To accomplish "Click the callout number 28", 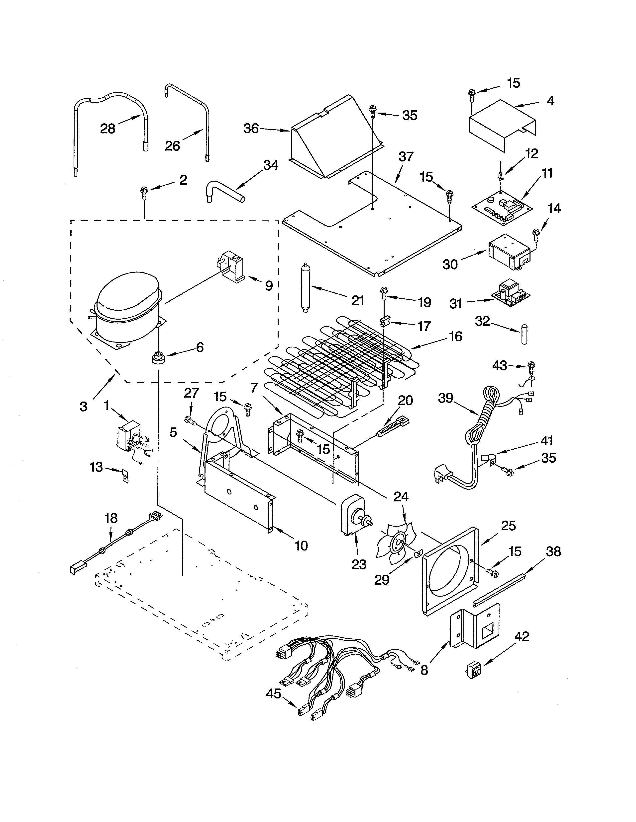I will pos(108,129).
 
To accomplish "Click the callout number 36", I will pos(251,129).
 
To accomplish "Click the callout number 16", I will pos(456,337).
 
